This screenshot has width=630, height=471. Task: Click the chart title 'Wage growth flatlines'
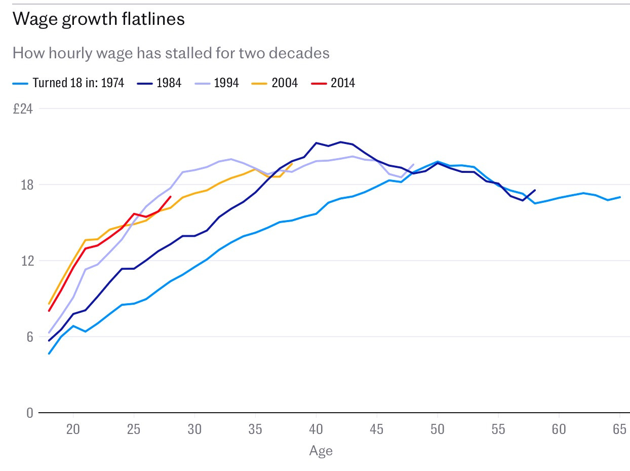coord(98,19)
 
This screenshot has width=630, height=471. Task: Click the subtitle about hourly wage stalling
coord(171,53)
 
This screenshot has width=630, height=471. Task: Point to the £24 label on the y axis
coord(22,109)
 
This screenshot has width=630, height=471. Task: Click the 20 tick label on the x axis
coord(73,429)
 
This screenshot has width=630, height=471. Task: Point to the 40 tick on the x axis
coord(316,429)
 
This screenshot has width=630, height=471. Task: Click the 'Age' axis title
coord(321,451)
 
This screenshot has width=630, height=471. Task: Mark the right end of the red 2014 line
coord(171,197)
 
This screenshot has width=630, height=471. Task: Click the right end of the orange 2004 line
coord(292,164)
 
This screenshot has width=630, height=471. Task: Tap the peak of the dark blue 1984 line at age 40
coord(316,143)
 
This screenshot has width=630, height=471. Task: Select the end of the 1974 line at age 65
coord(620,197)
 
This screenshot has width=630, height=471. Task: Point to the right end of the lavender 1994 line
coord(414,164)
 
